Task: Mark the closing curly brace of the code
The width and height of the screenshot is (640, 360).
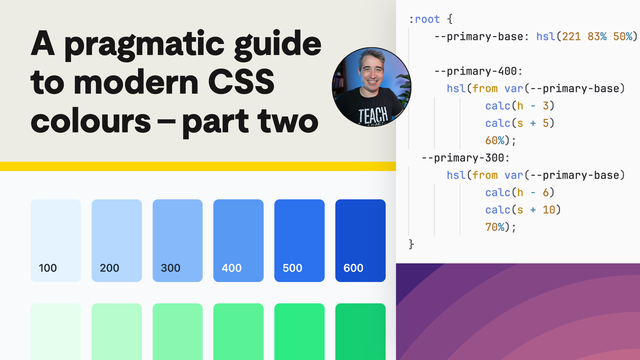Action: tap(411, 244)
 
